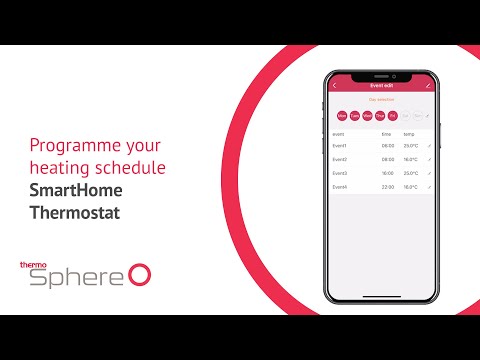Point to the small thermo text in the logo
pyautogui.click(x=33, y=265)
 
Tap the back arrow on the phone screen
pyautogui.click(x=334, y=86)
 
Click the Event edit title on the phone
pyautogui.click(x=381, y=86)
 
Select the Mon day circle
pyautogui.click(x=342, y=115)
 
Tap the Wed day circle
pyautogui.click(x=368, y=115)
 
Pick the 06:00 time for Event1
pyautogui.click(x=387, y=145)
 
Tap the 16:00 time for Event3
pyautogui.click(x=387, y=172)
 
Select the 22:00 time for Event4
pyautogui.click(x=387, y=186)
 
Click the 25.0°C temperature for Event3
pyautogui.click(x=410, y=172)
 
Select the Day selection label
pyautogui.click(x=381, y=100)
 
